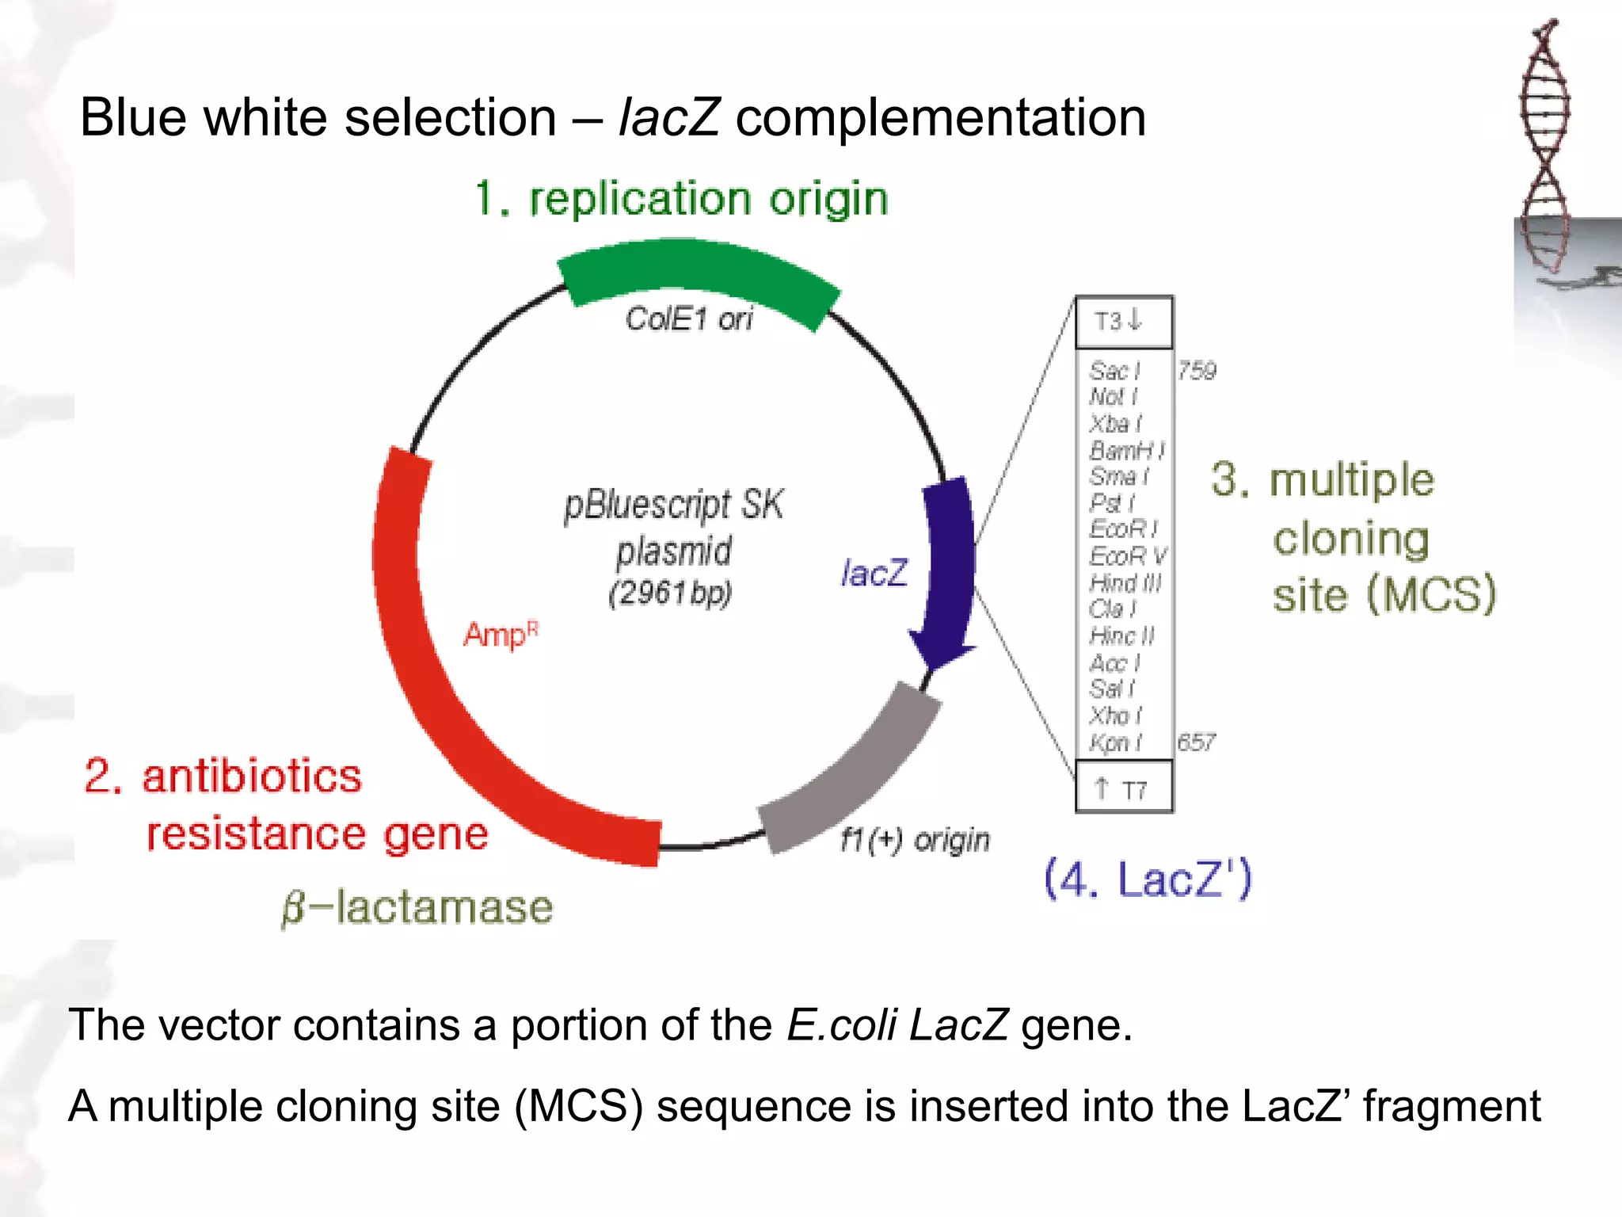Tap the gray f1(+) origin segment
(855, 776)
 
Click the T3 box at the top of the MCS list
(1123, 322)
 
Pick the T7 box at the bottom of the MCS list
(1123, 788)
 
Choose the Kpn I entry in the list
(1115, 742)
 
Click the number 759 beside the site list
(1196, 371)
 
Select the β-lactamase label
(417, 907)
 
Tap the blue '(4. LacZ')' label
(1148, 879)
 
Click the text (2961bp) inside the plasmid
(670, 593)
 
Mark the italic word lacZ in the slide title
(668, 117)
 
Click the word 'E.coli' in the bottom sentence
(842, 1024)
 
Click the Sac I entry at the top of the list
(1114, 371)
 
